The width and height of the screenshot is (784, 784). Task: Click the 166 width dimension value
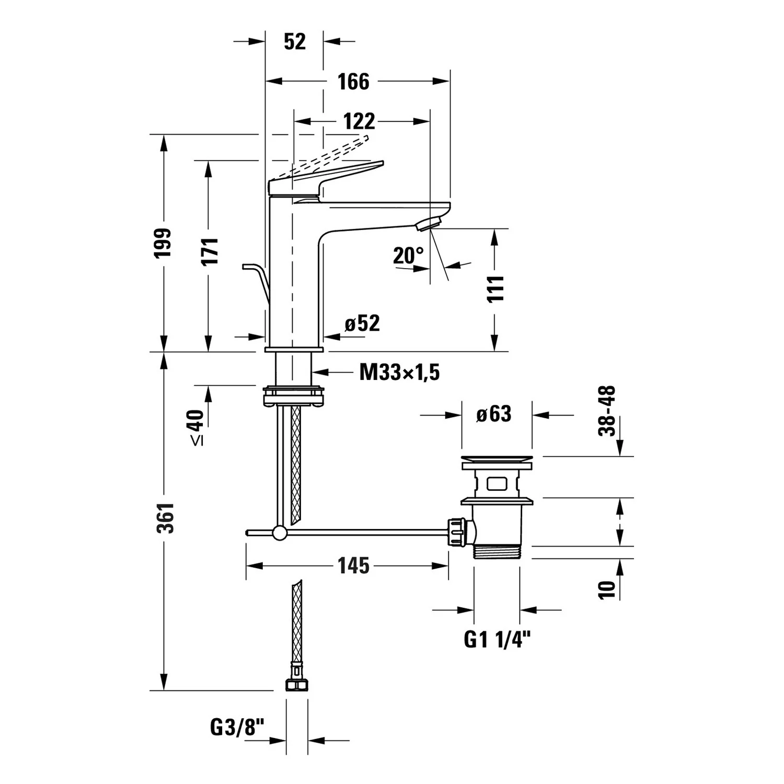pos(353,82)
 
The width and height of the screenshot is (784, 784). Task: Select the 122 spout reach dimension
pos(360,121)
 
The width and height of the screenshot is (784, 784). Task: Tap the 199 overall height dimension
pos(163,243)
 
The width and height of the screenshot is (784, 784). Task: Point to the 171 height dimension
pos(210,251)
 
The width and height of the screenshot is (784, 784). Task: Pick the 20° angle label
pos(408,256)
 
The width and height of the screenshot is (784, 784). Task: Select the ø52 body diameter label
pos(362,324)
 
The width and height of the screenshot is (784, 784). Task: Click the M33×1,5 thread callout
pos(399,373)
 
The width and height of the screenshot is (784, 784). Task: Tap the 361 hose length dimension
pos(166,518)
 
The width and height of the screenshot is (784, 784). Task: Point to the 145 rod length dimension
pos(353,566)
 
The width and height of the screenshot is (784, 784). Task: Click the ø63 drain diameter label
pos(494,414)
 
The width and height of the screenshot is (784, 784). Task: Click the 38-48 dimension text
pos(607,411)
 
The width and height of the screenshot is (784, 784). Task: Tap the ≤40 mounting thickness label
pos(196,428)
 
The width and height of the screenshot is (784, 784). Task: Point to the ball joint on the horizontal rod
pos(280,533)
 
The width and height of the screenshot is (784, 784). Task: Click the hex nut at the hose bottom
pos(296,685)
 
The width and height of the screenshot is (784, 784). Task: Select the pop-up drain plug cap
pos(497,462)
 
